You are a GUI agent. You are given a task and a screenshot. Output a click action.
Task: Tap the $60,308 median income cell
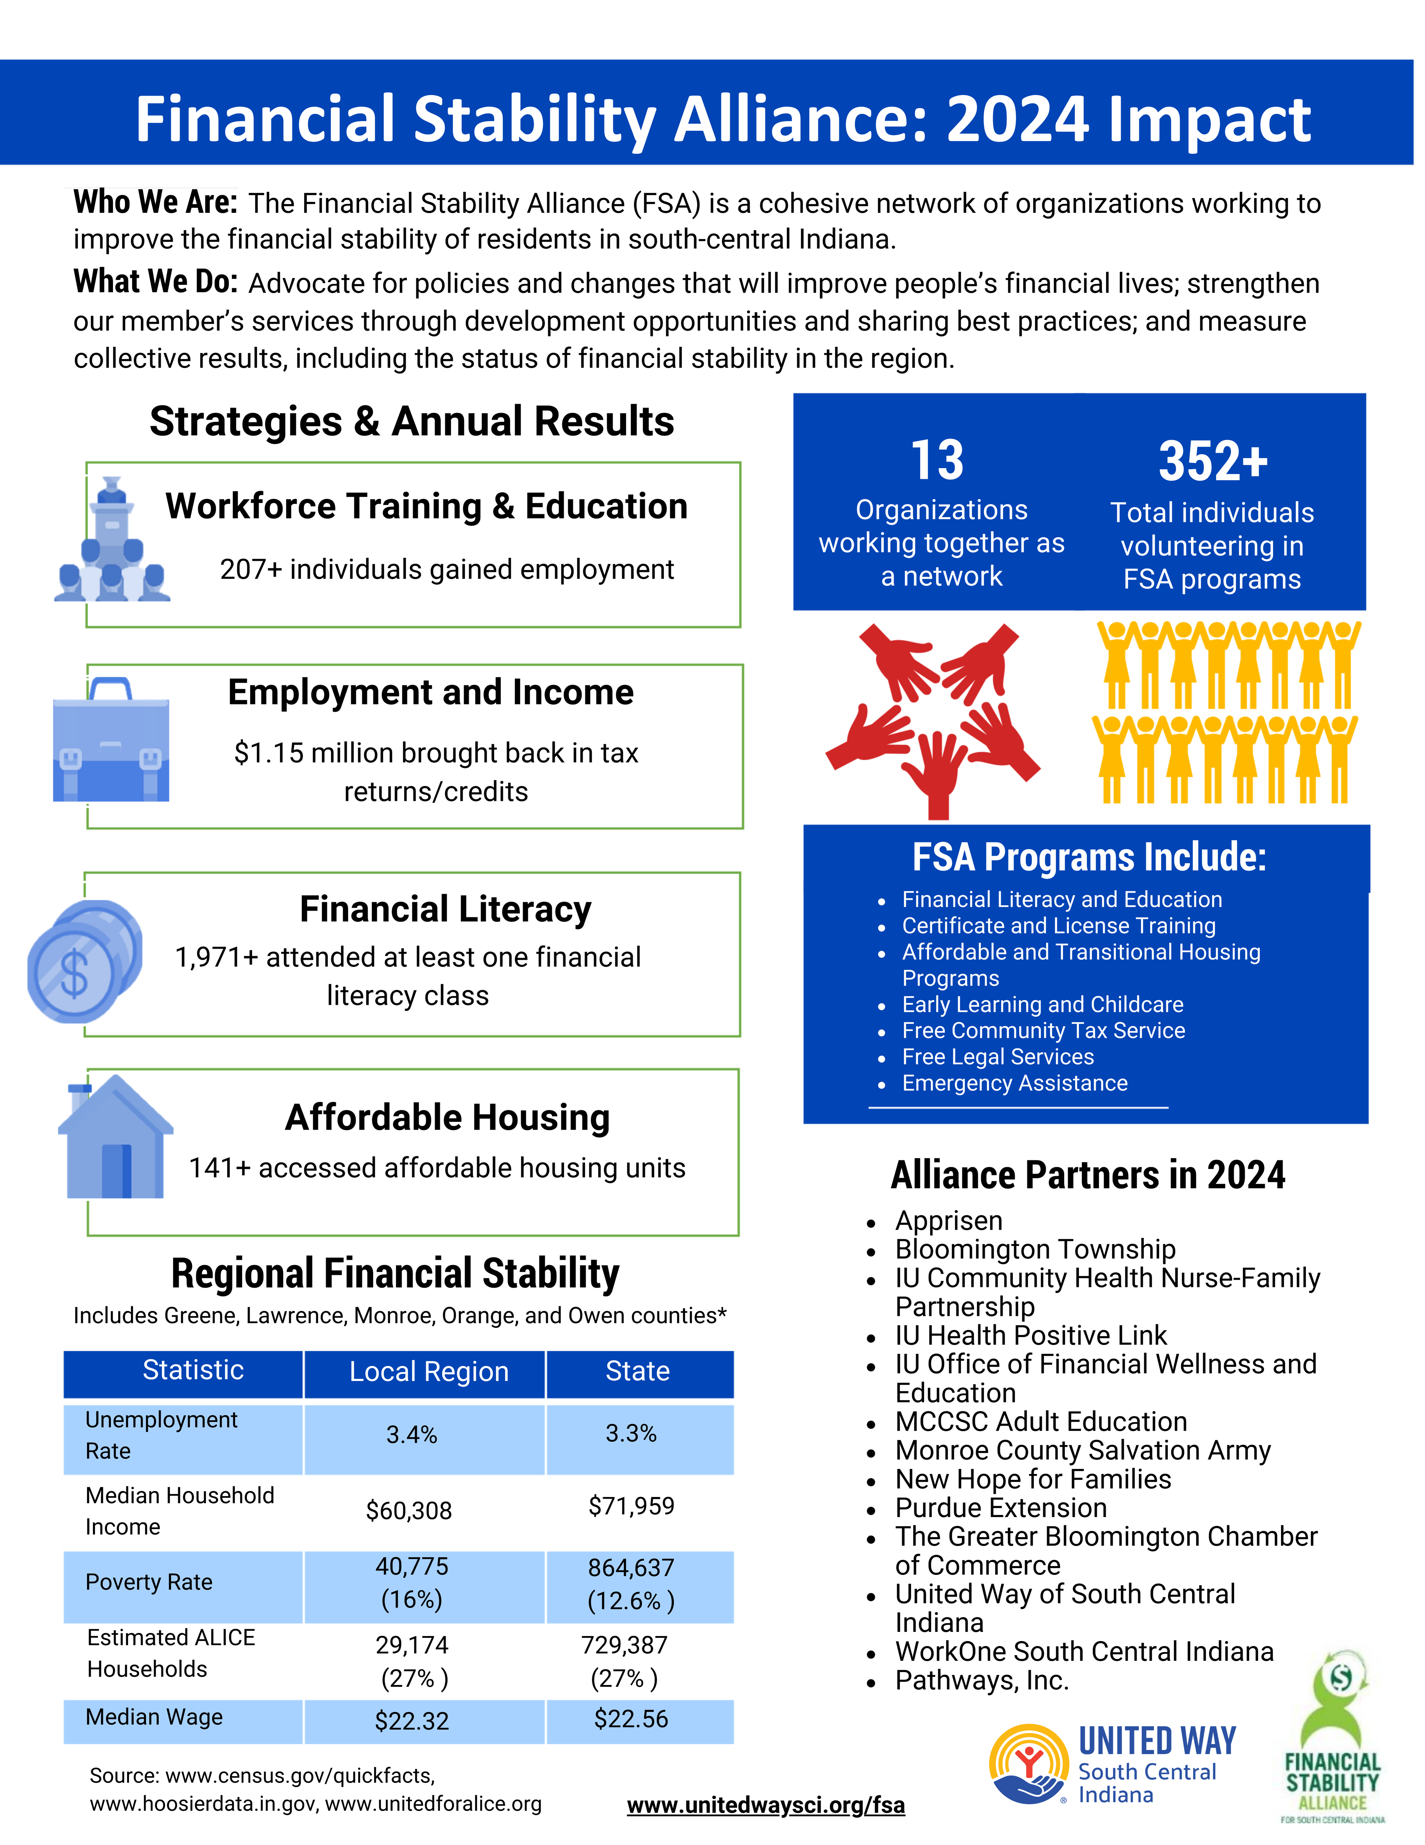(409, 1511)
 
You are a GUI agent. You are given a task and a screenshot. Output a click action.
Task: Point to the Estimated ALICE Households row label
(171, 1653)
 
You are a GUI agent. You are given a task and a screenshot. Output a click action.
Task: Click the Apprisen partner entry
(949, 1221)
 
